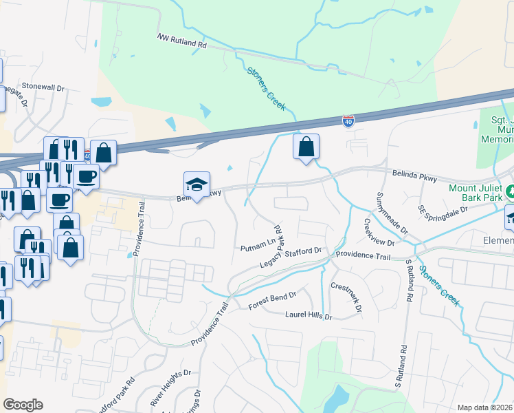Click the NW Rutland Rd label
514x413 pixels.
182,41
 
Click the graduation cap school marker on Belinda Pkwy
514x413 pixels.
197,184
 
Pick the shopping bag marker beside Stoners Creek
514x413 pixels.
306,147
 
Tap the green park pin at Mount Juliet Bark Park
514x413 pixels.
509,191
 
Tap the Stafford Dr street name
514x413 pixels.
303,252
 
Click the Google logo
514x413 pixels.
23,405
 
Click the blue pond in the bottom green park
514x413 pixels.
339,397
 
